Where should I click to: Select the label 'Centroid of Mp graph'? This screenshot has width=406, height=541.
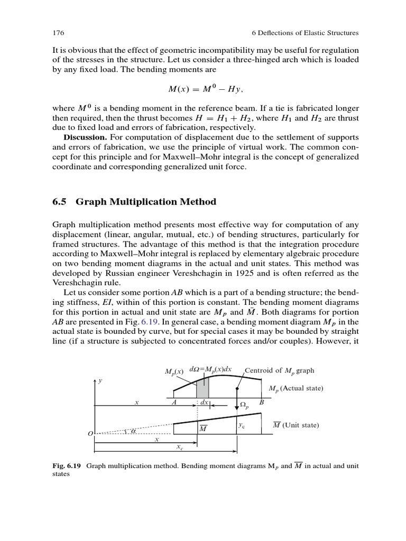tap(279, 370)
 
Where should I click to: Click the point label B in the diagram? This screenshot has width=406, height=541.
tap(261, 402)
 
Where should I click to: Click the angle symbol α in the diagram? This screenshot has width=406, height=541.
tap(133, 431)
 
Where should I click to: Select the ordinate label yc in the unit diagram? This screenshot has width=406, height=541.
tap(241, 424)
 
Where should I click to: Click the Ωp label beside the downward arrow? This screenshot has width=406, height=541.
tap(244, 405)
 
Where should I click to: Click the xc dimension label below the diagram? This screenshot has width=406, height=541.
tap(180, 447)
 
